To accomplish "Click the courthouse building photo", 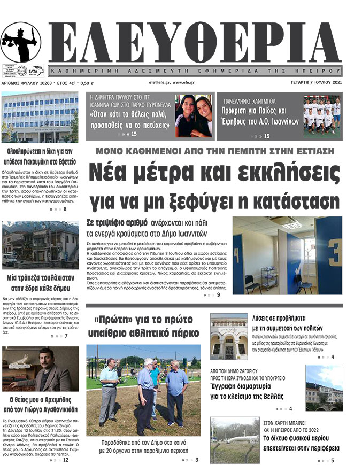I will click(40, 117).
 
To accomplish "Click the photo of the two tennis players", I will click(194, 117).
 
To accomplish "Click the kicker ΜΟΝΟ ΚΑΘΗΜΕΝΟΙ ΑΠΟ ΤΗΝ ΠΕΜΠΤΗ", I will click(217, 150).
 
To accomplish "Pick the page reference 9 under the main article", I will click(218, 294).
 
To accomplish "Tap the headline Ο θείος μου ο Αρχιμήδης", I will click(40, 400).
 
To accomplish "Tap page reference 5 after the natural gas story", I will click(332, 460).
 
